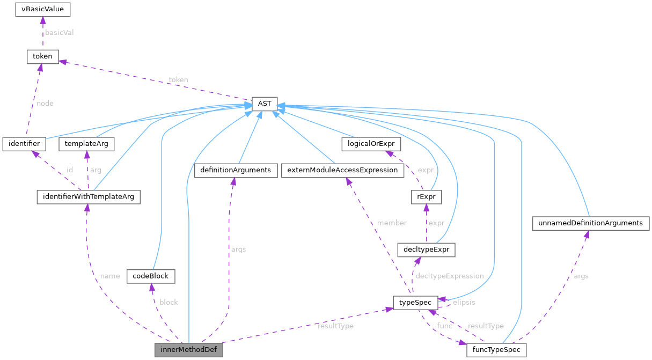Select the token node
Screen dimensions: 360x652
(x=43, y=56)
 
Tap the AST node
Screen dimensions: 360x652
(x=264, y=104)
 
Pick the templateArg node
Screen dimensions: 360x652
(x=86, y=144)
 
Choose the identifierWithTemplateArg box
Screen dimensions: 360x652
(x=88, y=197)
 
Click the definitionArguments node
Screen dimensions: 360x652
(x=236, y=171)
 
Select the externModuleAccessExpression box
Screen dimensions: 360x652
(x=342, y=171)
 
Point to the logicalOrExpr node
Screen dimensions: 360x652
(x=371, y=144)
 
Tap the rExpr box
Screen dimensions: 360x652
(x=425, y=197)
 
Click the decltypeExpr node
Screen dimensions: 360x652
(x=426, y=249)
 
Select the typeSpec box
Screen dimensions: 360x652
(x=415, y=303)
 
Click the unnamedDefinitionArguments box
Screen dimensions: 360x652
(x=590, y=223)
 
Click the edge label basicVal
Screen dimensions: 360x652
(x=59, y=32)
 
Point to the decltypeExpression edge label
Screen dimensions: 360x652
(x=450, y=276)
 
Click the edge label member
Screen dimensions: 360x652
(x=391, y=223)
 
